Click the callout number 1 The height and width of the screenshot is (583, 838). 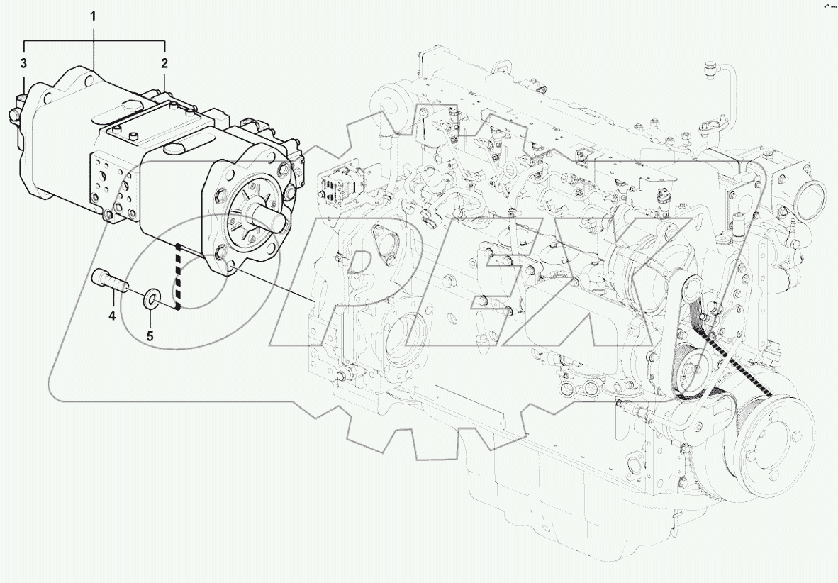pyautogui.click(x=94, y=15)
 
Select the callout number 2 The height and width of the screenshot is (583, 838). pyautogui.click(x=164, y=63)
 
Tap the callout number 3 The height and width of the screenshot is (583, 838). pyautogui.click(x=23, y=63)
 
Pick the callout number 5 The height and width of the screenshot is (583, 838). pyautogui.click(x=150, y=335)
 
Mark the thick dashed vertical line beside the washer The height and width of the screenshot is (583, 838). pyautogui.click(x=179, y=277)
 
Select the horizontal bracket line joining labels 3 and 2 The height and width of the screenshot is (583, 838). pyautogui.click(x=94, y=40)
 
